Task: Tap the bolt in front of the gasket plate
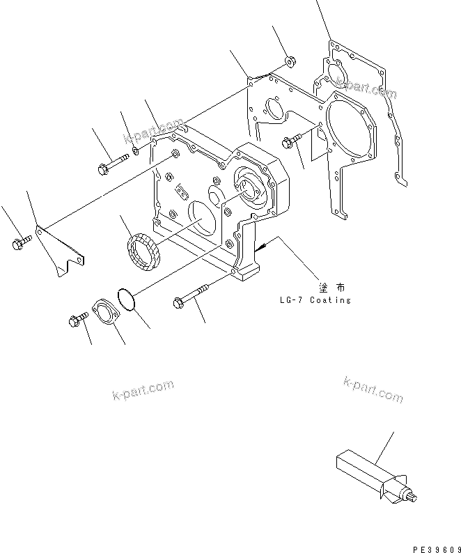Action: (x=292, y=141)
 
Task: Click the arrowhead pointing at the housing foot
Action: (x=259, y=247)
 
